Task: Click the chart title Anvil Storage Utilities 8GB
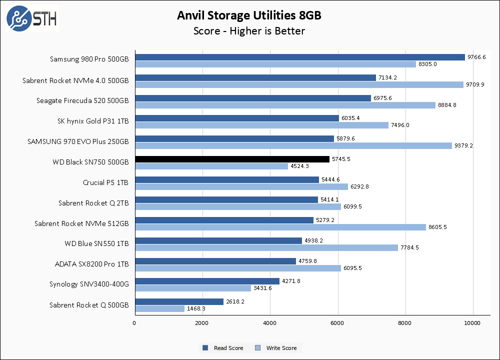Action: point(249,15)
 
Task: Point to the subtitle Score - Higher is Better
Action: point(249,31)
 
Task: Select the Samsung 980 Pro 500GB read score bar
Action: point(299,57)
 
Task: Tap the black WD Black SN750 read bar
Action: point(232,159)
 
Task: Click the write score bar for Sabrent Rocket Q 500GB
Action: point(159,309)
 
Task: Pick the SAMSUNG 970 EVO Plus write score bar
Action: point(293,145)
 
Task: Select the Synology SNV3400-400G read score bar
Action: point(207,281)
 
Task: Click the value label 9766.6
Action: point(476,57)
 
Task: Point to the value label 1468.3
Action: point(196,309)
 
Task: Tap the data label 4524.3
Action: point(300,166)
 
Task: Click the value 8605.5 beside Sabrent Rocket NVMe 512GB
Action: point(438,227)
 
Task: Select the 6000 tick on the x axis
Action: point(338,323)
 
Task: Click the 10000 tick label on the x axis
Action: point(472,323)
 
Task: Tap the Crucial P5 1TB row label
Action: point(105,182)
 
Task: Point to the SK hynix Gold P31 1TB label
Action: point(93,121)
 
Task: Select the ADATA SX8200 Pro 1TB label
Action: point(91,264)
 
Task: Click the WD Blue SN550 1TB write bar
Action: point(266,247)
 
